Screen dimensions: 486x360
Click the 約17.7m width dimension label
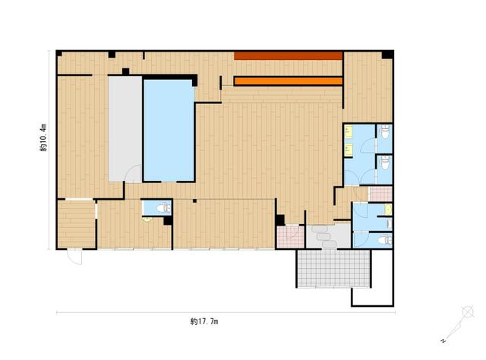click(x=204, y=321)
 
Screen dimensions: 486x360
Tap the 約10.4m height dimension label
click(x=44, y=137)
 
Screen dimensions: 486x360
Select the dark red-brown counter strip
click(x=288, y=55)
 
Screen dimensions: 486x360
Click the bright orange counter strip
click(x=289, y=81)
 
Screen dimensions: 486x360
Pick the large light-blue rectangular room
click(x=169, y=130)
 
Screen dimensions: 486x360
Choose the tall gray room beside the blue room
click(x=125, y=128)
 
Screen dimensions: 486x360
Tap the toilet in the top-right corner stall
click(x=385, y=132)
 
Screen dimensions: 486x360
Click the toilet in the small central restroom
click(x=163, y=207)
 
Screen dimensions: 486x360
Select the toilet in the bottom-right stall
click(x=385, y=240)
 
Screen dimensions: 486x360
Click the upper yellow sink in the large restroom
click(x=349, y=131)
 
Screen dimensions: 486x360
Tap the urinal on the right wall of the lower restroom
click(x=390, y=223)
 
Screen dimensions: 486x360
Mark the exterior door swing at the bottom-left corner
click(x=75, y=257)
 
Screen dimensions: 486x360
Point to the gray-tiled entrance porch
click(x=334, y=268)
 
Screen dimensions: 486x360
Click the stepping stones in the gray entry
click(x=323, y=237)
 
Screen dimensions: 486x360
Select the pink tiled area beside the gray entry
click(x=290, y=237)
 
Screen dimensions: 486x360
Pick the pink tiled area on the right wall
click(x=381, y=194)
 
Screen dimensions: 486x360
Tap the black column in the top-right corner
click(x=387, y=55)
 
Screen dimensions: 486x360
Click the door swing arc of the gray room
click(x=133, y=173)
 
